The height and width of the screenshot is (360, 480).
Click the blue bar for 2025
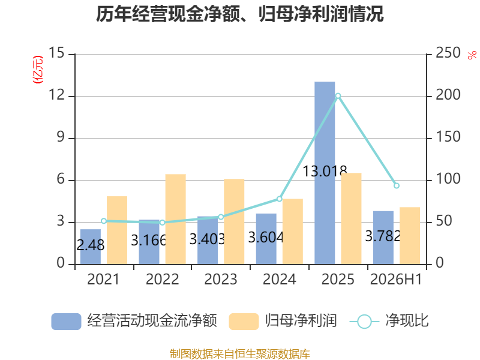pyautogui.click(x=325, y=173)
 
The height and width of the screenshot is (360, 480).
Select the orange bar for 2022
pyautogui.click(x=175, y=219)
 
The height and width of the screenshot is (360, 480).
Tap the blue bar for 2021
pyautogui.click(x=91, y=247)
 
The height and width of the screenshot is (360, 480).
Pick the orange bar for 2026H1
pyautogui.click(x=410, y=236)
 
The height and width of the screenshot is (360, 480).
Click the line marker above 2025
pyautogui.click(x=338, y=96)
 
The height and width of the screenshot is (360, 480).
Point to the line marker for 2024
pyautogui.click(x=279, y=199)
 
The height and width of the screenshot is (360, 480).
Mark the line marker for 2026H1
pyautogui.click(x=397, y=186)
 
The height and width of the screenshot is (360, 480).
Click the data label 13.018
pyautogui.click(x=325, y=171)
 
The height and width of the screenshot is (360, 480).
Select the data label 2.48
pyautogui.click(x=91, y=245)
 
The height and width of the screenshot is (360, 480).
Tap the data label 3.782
pyautogui.click(x=383, y=236)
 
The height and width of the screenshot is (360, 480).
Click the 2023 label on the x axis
pyautogui.click(x=221, y=280)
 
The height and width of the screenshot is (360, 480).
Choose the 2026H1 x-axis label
pyautogui.click(x=396, y=280)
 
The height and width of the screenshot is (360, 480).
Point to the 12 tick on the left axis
pyautogui.click(x=57, y=95)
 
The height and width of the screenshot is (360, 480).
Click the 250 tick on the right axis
pyautogui.click(x=448, y=53)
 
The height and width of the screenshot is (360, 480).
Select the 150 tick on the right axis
pyautogui.click(x=448, y=137)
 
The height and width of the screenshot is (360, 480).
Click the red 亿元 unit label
pyautogui.click(x=38, y=70)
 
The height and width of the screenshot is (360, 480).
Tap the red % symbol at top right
pyautogui.click(x=472, y=55)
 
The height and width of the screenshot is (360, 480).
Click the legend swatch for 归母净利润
pyautogui.click(x=244, y=322)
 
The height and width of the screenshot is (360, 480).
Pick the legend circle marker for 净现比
pyautogui.click(x=364, y=322)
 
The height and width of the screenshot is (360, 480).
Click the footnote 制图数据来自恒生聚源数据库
pyautogui.click(x=240, y=354)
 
